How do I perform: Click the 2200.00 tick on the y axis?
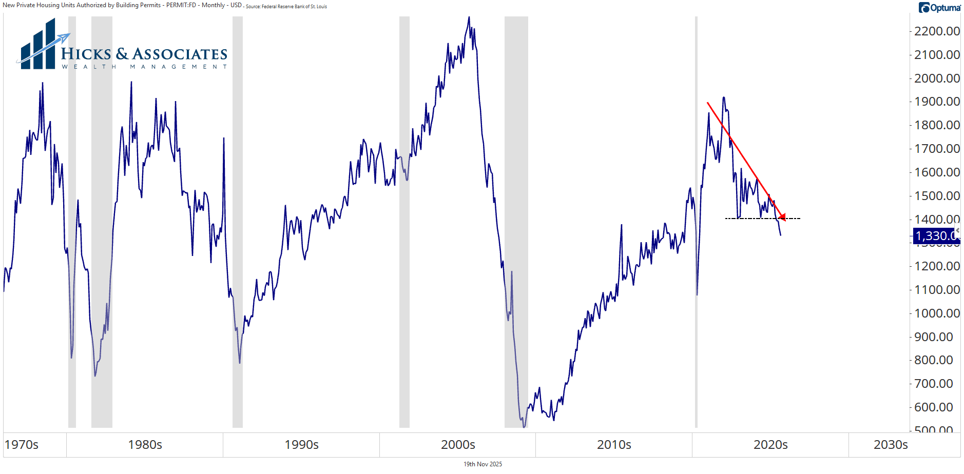937,31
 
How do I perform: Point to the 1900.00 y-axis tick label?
937,102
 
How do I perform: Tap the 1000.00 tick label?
937,313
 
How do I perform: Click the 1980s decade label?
145,445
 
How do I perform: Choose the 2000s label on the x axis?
458,445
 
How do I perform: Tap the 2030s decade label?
891,445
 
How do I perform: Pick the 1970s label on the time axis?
22,445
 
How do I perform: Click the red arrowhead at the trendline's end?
782,218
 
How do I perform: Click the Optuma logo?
939,8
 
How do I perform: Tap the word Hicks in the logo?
86,54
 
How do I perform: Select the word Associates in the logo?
180,54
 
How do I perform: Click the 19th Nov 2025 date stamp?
483,464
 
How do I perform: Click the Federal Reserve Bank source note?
286,7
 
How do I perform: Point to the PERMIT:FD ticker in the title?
181,5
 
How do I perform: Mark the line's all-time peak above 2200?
469,17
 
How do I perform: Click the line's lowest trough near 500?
524,426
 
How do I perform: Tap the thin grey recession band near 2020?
696,221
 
